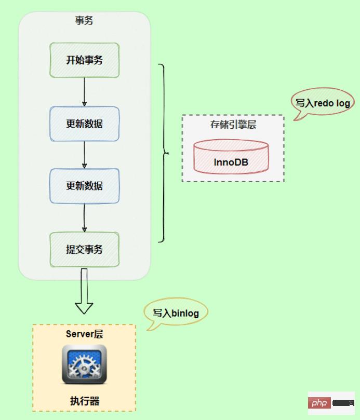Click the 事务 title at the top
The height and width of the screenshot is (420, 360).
[x=84, y=21]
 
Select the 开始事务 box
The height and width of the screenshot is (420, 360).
[x=84, y=60]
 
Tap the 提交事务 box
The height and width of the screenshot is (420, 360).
[x=84, y=249]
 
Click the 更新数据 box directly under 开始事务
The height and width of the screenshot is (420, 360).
[x=84, y=124]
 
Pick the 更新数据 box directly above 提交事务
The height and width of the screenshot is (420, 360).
[x=84, y=185]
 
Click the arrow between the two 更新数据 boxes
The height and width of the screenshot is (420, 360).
[x=84, y=155]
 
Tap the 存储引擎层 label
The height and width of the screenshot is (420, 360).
[x=233, y=125]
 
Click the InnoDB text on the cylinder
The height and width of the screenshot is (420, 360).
[x=231, y=162]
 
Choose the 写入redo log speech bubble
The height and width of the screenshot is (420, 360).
[x=322, y=103]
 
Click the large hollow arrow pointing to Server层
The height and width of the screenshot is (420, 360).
[x=84, y=293]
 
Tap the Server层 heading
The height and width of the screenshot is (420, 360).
[x=84, y=334]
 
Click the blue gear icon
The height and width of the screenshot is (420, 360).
[x=84, y=364]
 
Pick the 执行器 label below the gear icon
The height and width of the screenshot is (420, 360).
[x=84, y=401]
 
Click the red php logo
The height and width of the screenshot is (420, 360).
[x=318, y=403]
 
